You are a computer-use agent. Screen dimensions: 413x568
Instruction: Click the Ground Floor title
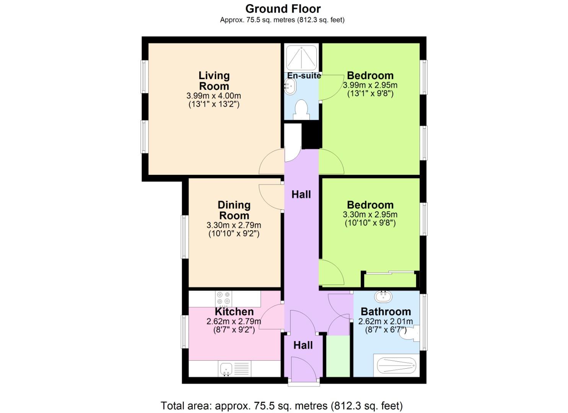click(x=283, y=8)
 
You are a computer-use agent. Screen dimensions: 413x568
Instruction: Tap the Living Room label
click(x=214, y=81)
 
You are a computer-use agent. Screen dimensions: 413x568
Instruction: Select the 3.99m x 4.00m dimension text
click(x=214, y=96)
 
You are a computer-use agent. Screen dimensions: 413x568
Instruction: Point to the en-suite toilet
click(x=301, y=109)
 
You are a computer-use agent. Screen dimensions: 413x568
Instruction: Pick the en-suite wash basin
click(x=289, y=86)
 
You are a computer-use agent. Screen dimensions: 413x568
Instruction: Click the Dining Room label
click(x=234, y=210)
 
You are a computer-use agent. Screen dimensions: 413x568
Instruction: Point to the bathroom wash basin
click(x=383, y=296)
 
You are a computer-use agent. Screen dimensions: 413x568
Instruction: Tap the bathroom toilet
click(x=409, y=333)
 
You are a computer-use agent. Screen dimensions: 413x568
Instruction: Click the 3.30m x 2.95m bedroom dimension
click(x=370, y=215)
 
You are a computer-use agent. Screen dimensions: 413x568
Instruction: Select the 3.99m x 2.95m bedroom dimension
click(x=370, y=85)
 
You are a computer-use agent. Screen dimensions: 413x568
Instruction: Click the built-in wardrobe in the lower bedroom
click(x=389, y=280)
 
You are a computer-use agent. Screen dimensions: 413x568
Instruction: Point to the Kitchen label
click(x=234, y=312)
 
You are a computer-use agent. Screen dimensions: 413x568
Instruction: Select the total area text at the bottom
click(x=282, y=405)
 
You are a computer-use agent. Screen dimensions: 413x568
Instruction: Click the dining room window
click(x=184, y=237)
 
